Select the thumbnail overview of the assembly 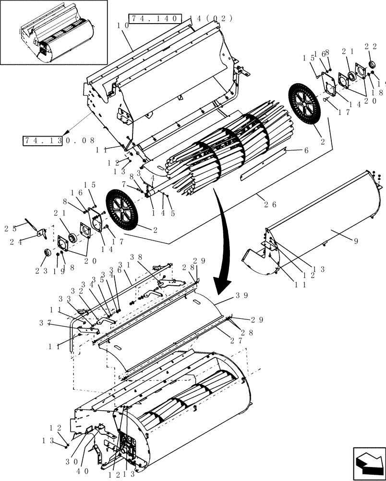coord(54,32)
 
